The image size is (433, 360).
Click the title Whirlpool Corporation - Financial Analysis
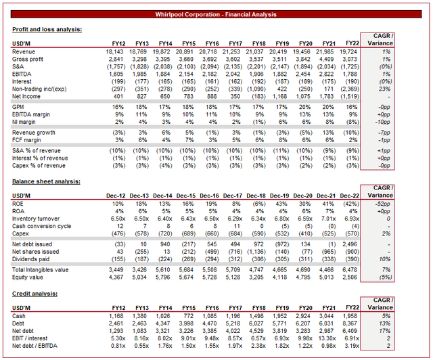click(216, 13)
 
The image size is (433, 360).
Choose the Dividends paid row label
click(32, 258)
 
